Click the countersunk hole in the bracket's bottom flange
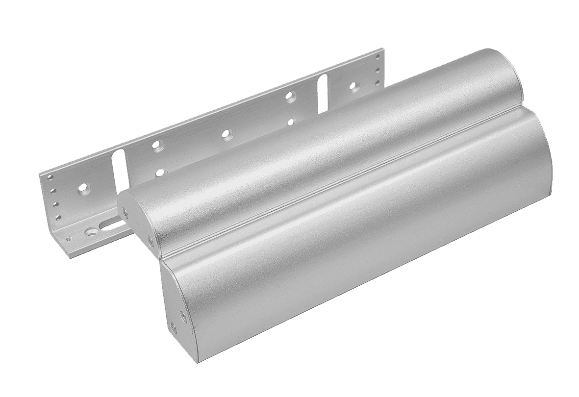pyautogui.click(x=91, y=229)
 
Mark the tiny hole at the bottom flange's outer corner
pyautogui.click(x=69, y=239)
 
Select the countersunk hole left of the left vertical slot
pyautogui.click(x=82, y=187)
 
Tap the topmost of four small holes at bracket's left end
pyautogui.click(x=49, y=179)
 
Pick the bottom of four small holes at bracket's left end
pyautogui.click(x=58, y=217)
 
